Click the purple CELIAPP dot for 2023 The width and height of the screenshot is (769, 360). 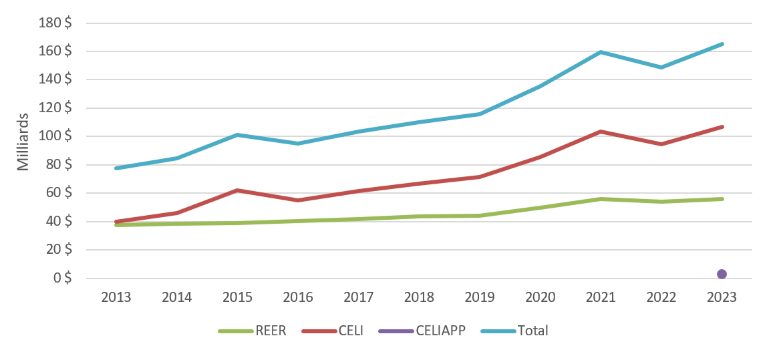(x=722, y=274)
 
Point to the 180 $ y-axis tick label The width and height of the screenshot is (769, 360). (x=55, y=23)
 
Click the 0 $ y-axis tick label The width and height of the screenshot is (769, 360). (x=63, y=278)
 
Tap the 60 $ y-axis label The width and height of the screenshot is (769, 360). (x=59, y=193)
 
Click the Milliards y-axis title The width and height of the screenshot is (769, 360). (x=23, y=144)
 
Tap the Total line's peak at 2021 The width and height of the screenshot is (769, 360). (x=601, y=52)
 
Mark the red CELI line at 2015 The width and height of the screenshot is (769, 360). (x=238, y=190)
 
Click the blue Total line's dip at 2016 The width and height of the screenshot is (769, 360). (x=298, y=144)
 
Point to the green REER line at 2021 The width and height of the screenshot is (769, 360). (x=601, y=199)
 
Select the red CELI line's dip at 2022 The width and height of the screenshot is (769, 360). (x=661, y=144)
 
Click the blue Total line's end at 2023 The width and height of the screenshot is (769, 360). (x=722, y=44)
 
